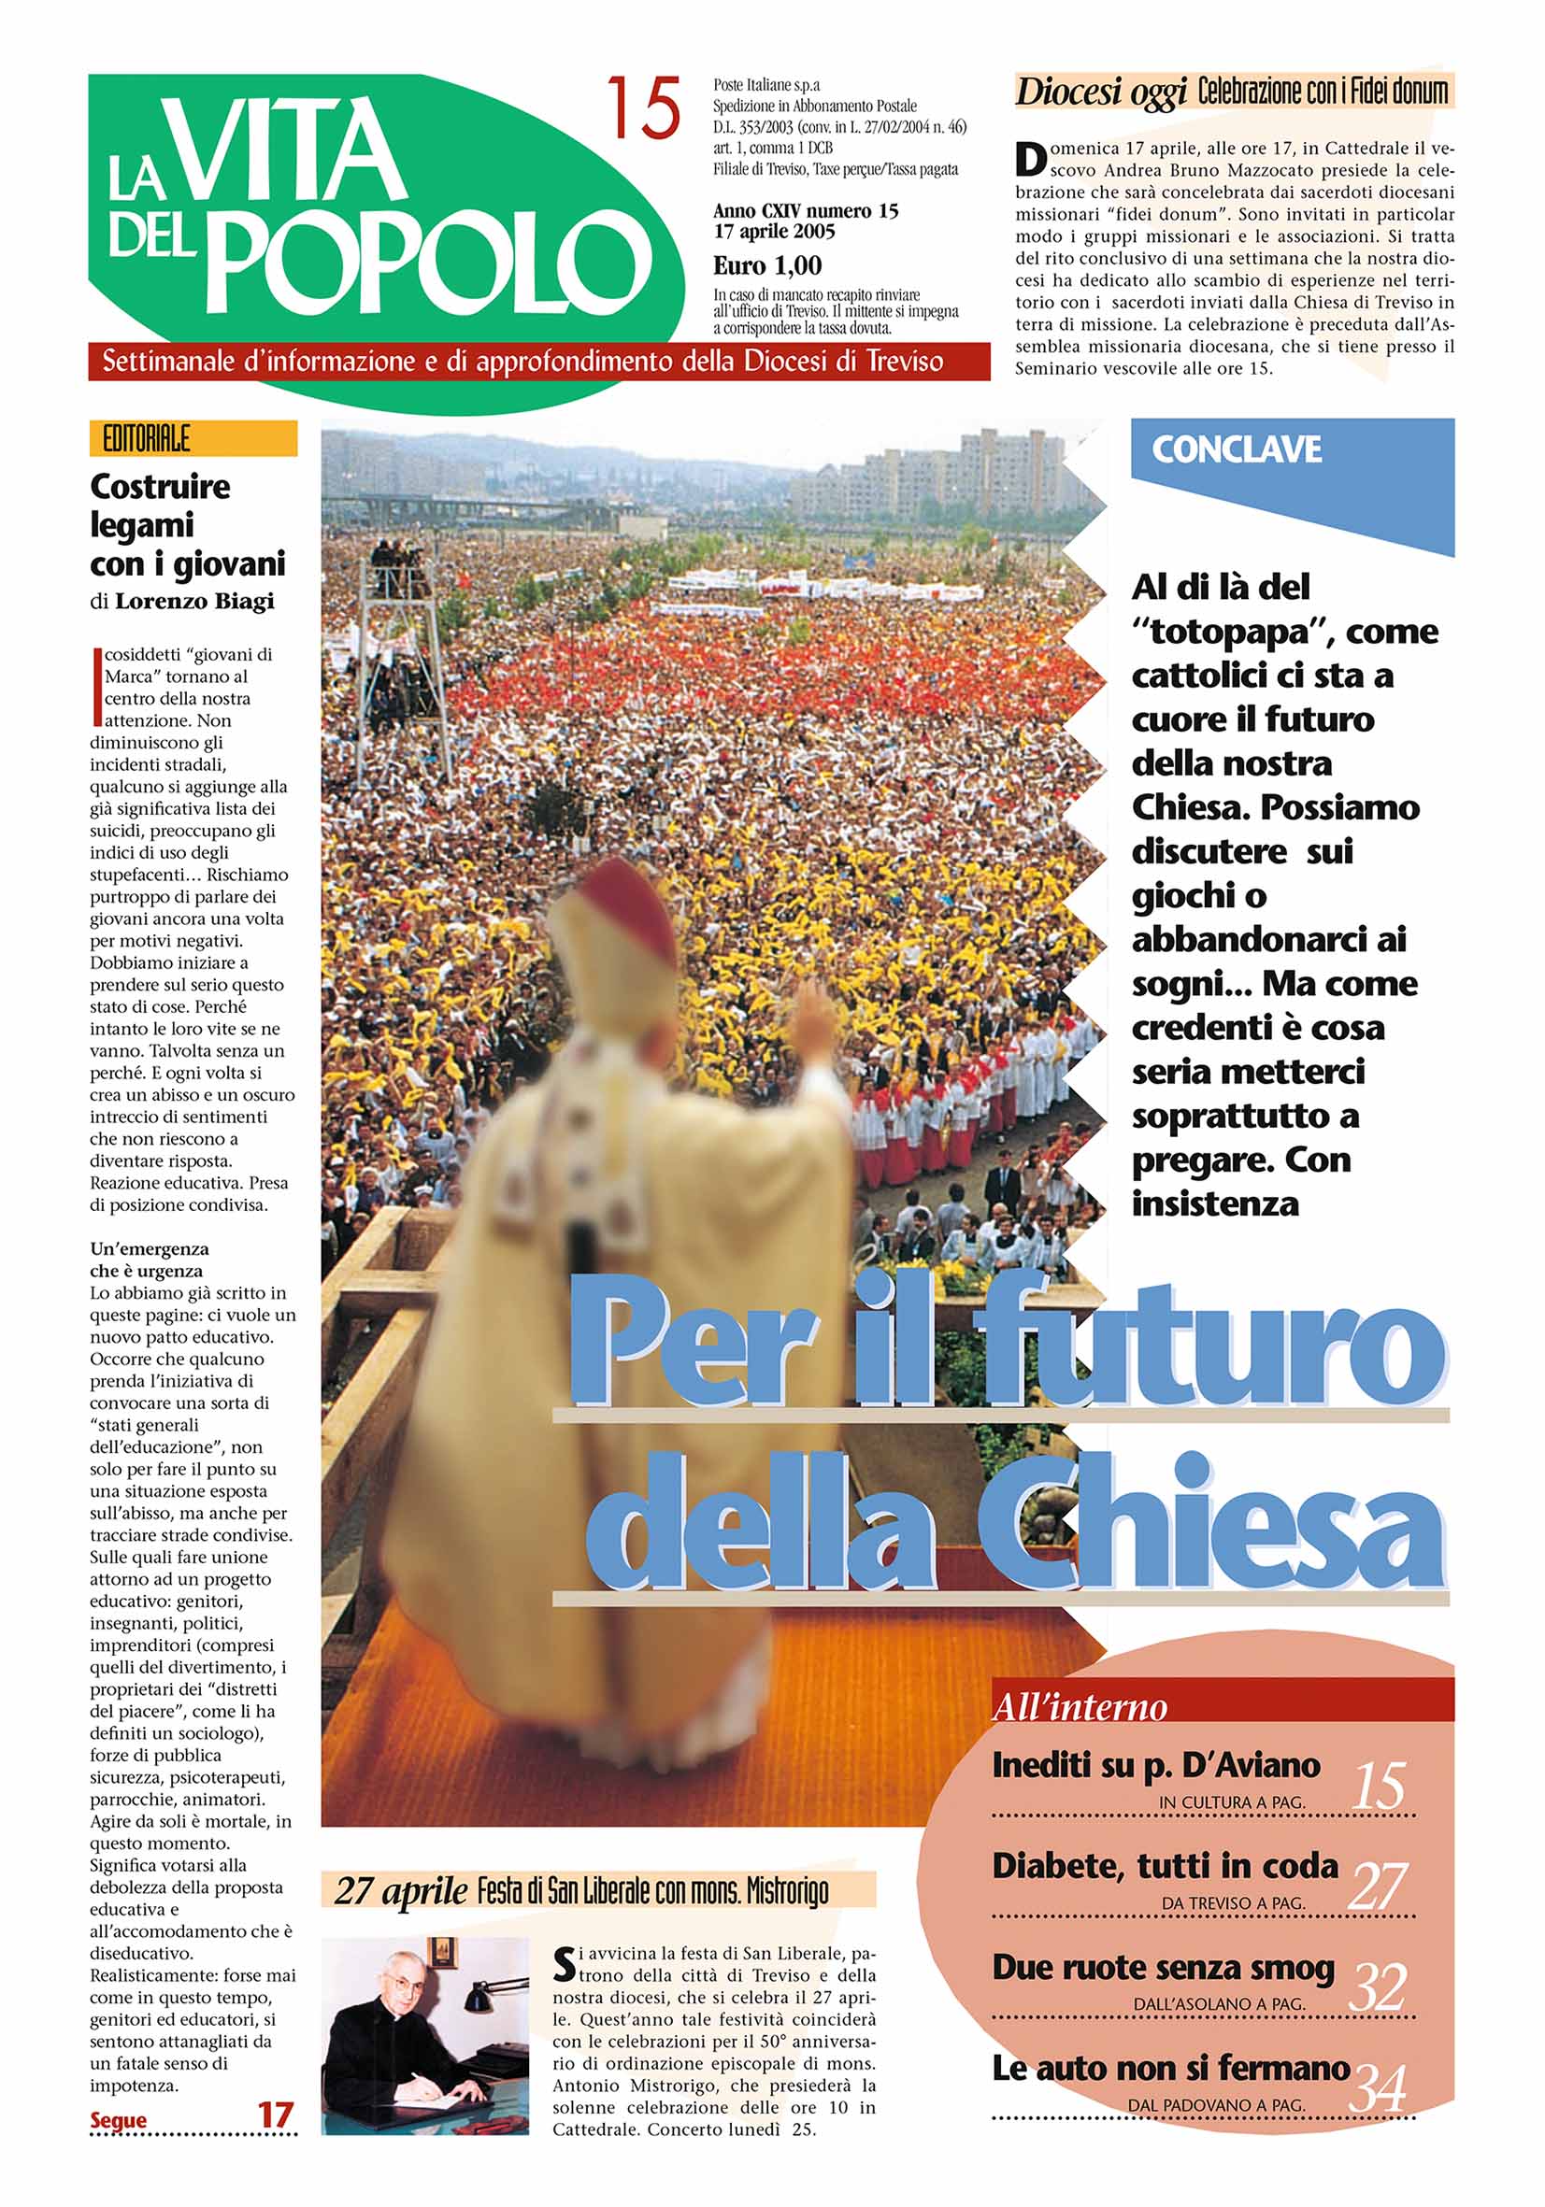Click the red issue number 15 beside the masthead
click(642, 109)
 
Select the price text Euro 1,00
click(766, 265)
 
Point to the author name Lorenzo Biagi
click(194, 601)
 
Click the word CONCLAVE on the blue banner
click(1236, 449)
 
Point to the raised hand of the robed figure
click(818, 1005)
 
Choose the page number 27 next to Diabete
click(1378, 1886)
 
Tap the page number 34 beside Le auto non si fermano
click(1378, 2087)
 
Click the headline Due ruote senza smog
click(1164, 1968)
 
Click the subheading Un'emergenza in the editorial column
click(149, 1248)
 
